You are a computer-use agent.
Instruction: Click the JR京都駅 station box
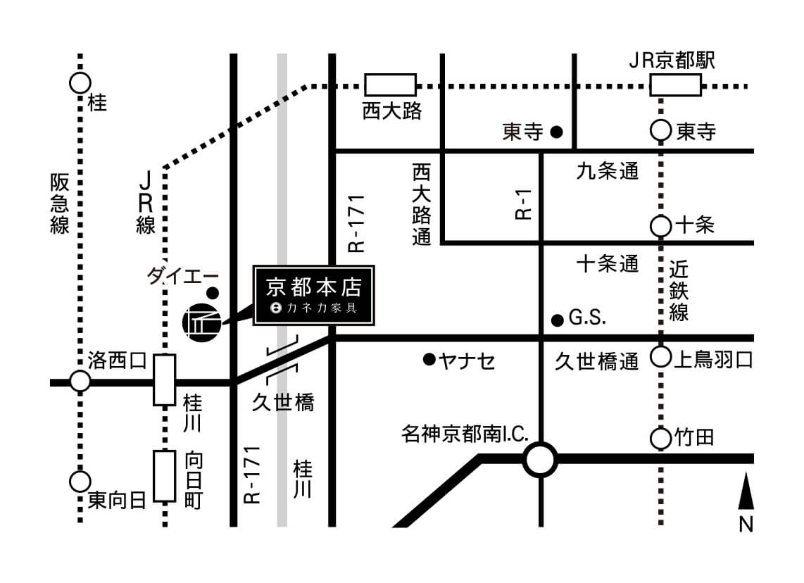tap(674, 86)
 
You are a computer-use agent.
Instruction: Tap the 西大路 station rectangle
tap(390, 85)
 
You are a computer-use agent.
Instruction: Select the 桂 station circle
tap(80, 83)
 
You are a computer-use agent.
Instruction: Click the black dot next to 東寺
tap(556, 131)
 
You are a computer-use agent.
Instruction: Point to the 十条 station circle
tap(660, 226)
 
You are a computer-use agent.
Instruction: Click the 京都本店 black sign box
tap(314, 296)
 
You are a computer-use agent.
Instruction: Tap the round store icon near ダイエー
tap(201, 322)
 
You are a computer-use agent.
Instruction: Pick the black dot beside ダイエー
tap(213, 292)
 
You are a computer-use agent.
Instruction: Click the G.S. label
tap(587, 319)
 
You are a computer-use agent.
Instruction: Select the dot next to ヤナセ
tap(428, 360)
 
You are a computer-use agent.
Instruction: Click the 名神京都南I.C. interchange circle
tap(540, 460)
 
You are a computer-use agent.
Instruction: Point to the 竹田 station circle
tap(660, 439)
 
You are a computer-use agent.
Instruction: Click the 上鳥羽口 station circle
tap(660, 358)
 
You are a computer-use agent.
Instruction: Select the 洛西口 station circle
tap(80, 382)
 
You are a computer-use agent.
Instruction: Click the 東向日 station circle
tap(80, 482)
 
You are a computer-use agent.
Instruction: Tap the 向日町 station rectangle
tap(165, 476)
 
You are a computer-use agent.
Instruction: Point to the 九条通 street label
tap(608, 171)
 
